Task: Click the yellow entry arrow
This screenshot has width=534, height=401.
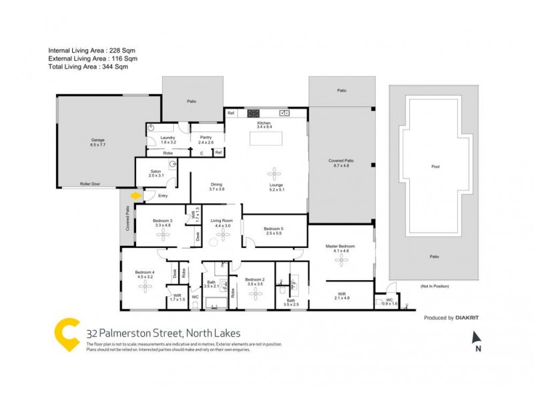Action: pos(136,196)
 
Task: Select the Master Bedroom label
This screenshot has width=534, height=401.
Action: pos(341,246)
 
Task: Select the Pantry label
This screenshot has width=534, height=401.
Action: pos(206,137)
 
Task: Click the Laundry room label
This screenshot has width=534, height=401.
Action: pos(168,137)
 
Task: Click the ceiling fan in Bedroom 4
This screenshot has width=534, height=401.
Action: pos(146,285)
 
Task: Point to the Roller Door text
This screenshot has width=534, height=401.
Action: pos(89,183)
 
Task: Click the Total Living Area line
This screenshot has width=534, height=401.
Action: pos(87,67)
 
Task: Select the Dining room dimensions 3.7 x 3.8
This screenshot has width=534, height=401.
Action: pos(216,189)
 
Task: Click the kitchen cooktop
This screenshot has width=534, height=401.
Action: pos(253,113)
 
